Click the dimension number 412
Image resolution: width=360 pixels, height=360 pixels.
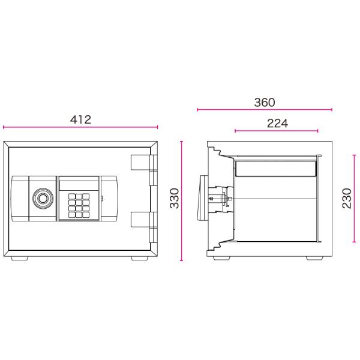(x=80, y=119)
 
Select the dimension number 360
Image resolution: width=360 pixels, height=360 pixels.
(x=265, y=103)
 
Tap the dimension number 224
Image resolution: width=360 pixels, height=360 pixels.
(x=277, y=123)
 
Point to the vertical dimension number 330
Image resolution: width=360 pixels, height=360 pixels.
(x=174, y=198)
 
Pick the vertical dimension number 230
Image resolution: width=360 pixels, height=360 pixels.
(x=347, y=198)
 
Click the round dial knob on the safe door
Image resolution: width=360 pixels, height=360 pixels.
(x=43, y=198)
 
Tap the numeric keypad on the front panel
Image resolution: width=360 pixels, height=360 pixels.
(x=79, y=205)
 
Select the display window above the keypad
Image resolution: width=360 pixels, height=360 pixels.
(x=79, y=185)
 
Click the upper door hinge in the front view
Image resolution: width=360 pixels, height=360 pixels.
(x=144, y=170)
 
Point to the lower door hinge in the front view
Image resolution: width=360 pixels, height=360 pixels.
(x=144, y=227)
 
